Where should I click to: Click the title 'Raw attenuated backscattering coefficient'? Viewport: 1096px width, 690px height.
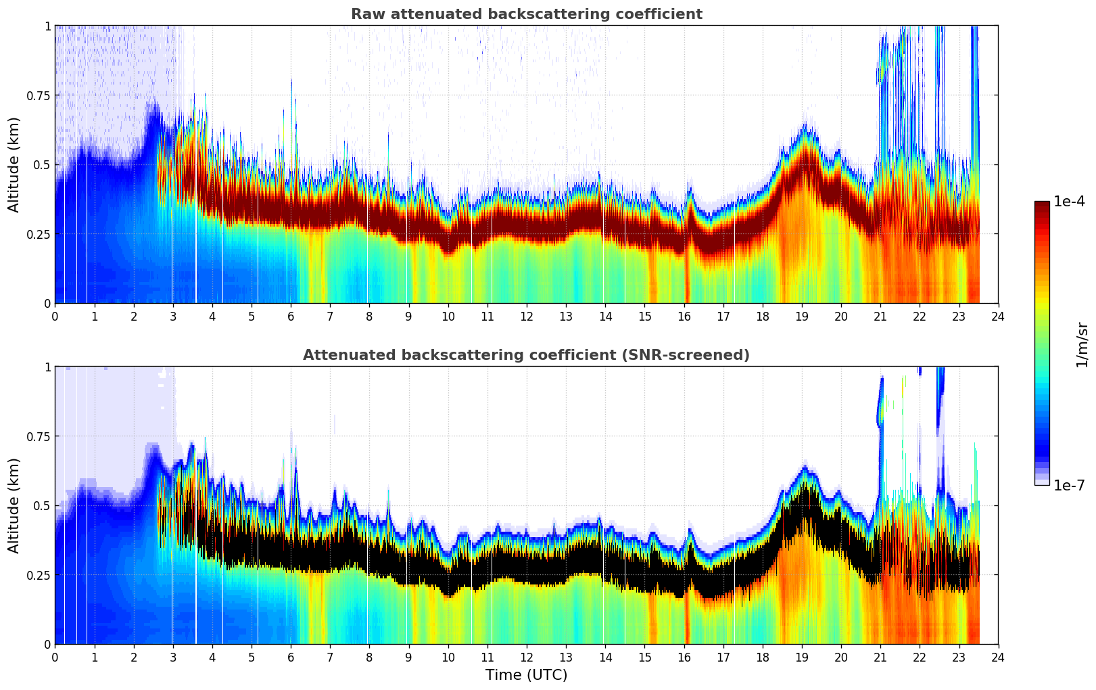(x=526, y=14)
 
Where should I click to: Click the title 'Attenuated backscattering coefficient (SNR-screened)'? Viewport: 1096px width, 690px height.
(x=526, y=355)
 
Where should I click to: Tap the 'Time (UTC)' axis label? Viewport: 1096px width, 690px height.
(x=526, y=675)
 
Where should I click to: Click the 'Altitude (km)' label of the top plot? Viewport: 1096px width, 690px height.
(x=14, y=164)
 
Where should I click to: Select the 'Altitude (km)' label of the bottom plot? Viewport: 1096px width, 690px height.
(x=14, y=505)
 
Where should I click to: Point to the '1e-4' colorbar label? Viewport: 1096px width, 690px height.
(x=1070, y=202)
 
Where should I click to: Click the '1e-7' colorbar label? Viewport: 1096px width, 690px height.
(x=1070, y=485)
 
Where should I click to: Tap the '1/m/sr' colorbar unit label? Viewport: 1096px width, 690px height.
(x=1082, y=344)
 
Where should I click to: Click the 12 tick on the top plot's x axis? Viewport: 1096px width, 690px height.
(x=527, y=316)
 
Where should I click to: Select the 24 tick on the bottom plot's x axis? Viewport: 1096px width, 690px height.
(x=998, y=657)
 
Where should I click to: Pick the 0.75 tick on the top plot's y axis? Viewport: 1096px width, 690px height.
(x=38, y=95)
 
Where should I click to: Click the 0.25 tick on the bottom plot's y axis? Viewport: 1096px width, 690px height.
(x=38, y=575)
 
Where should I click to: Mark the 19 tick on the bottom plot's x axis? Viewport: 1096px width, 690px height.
(x=802, y=657)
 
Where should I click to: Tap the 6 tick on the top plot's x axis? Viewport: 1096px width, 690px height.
(x=291, y=316)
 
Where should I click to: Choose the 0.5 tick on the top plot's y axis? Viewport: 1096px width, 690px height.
(x=41, y=164)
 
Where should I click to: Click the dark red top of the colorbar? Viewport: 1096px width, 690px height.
(x=1042, y=206)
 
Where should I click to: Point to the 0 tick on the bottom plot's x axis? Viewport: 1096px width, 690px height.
(x=55, y=657)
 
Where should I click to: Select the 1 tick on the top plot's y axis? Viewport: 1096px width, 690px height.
(x=47, y=26)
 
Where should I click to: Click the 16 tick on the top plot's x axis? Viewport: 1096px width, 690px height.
(x=684, y=316)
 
